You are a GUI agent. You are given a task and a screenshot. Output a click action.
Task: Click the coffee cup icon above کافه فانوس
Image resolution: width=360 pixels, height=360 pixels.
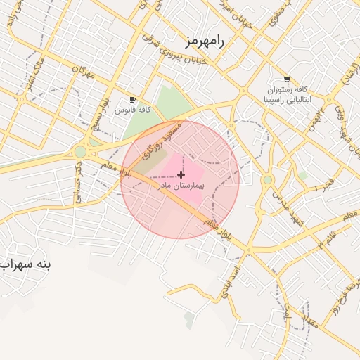click(x=132, y=99)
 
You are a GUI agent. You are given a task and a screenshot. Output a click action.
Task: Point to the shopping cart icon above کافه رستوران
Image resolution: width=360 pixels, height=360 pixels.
click(x=286, y=79)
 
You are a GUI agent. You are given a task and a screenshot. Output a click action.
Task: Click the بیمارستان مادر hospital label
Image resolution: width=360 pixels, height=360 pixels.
click(x=181, y=186)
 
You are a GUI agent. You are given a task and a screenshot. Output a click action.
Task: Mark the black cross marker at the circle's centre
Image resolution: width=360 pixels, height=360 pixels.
click(x=181, y=174)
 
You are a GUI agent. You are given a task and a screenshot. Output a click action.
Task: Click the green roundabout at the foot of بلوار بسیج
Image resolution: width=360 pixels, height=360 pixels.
click(x=81, y=151)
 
